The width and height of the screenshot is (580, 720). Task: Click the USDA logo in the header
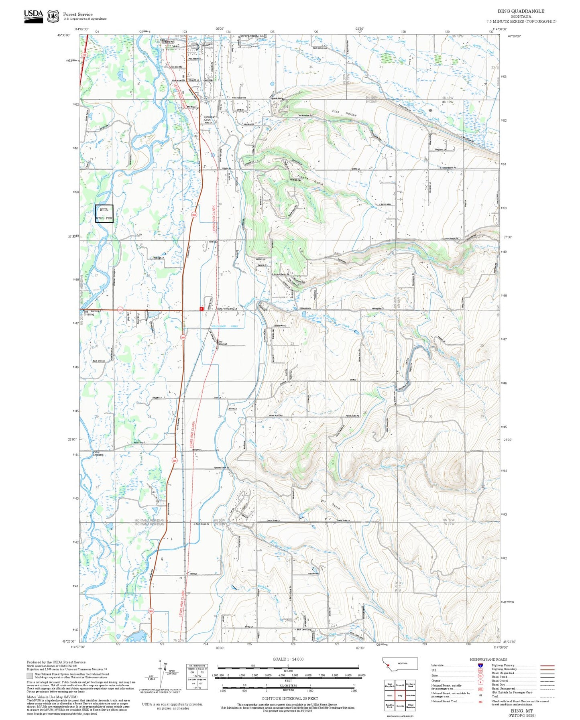tap(33, 15)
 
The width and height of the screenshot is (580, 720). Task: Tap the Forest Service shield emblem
tap(53, 16)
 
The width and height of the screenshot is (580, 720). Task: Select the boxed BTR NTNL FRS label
tap(104, 214)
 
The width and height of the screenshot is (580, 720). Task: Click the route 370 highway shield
tap(120, 310)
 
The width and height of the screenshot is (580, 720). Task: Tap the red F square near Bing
tap(201, 309)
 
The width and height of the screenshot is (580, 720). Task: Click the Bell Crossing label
tap(89, 313)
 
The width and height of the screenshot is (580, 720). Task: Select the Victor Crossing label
tap(98, 454)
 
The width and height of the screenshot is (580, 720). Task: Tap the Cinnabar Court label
tap(210, 118)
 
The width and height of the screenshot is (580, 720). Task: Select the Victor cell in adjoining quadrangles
tap(389, 695)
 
